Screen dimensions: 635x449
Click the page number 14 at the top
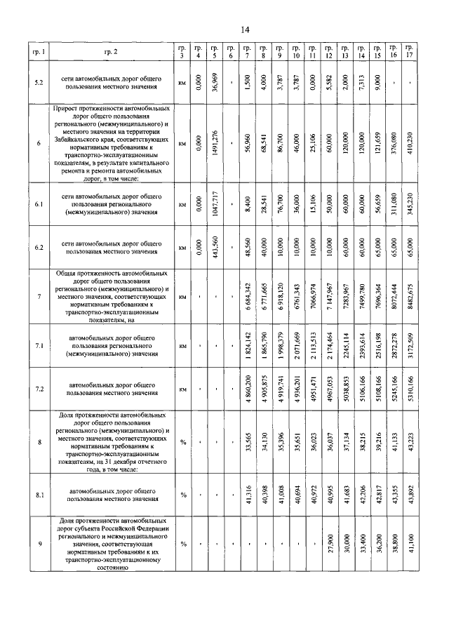point(246,29)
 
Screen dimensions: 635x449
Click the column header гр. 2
point(111,53)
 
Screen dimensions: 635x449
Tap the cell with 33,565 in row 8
point(248,443)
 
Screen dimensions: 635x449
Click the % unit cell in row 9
point(183,544)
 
